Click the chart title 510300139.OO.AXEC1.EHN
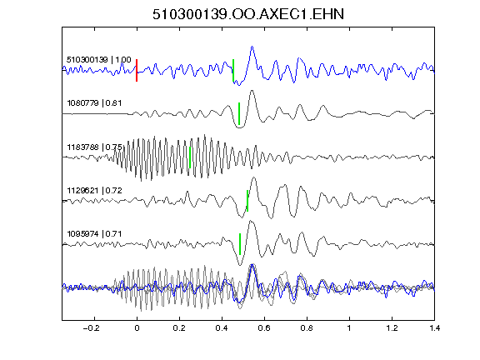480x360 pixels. [x=248, y=14]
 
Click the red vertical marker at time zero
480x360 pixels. [x=137, y=70]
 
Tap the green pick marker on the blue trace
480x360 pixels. [x=233, y=70]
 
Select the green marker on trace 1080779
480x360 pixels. [x=239, y=113]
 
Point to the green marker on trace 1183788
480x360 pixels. [x=190, y=157]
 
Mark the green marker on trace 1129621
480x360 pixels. [x=247, y=201]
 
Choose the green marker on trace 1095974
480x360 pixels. [x=240, y=244]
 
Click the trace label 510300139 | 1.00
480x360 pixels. [x=99, y=59]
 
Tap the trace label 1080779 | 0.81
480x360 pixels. [x=94, y=102]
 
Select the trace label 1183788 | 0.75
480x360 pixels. [x=95, y=147]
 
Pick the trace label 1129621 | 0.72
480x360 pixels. [x=95, y=191]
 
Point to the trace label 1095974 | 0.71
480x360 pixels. [x=94, y=234]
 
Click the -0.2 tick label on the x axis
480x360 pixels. [x=92, y=328]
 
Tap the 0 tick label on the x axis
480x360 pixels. [x=137, y=328]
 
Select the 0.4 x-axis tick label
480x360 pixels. [x=222, y=328]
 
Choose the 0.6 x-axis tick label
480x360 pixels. [x=264, y=328]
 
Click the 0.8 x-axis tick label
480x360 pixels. [x=307, y=328]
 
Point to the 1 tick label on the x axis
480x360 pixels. [x=349, y=328]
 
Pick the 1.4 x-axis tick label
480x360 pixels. [x=434, y=328]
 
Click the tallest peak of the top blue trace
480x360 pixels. [x=252, y=47]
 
